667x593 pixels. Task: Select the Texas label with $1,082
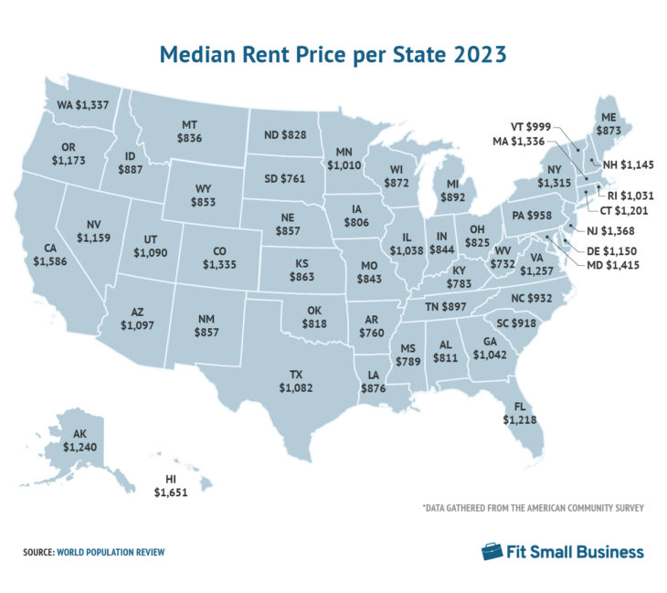coord(298,382)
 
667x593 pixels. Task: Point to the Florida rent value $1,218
coord(521,412)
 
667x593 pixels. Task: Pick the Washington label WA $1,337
coord(83,105)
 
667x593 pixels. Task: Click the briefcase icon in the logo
coord(492,551)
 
